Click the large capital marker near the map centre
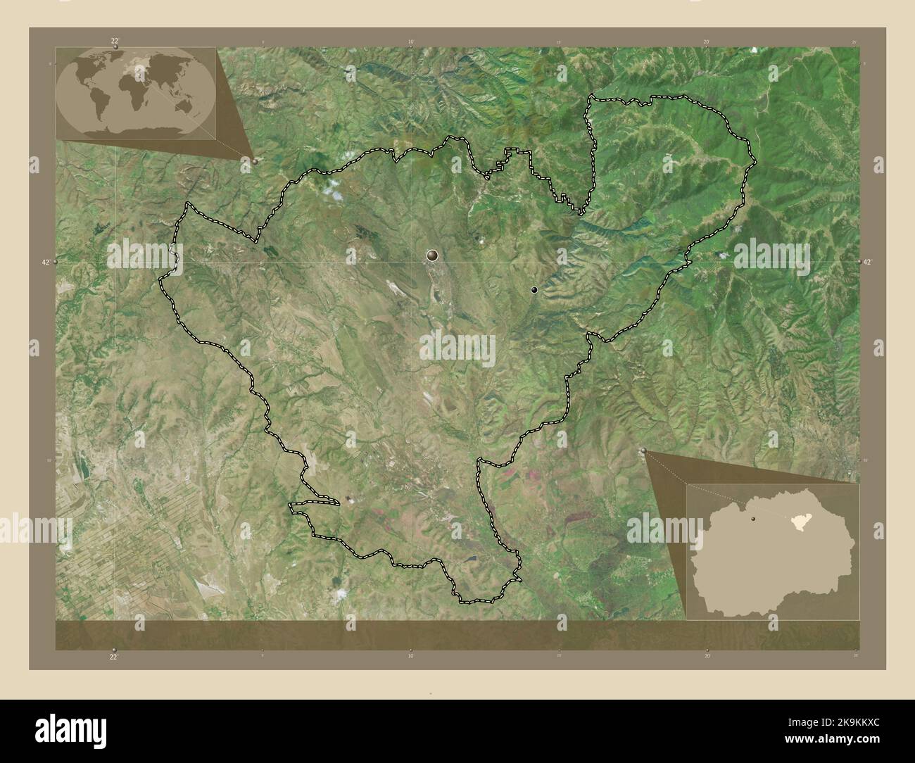click(x=431, y=256)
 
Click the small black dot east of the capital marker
click(x=534, y=289)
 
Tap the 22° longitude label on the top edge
click(x=114, y=41)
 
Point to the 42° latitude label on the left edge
click(x=46, y=262)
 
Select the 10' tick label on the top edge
click(x=410, y=42)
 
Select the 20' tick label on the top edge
click(x=706, y=42)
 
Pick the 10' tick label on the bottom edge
click(x=410, y=655)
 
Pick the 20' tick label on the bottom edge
click(x=706, y=655)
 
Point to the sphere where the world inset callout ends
click(x=255, y=160)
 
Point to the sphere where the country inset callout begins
click(x=643, y=450)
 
